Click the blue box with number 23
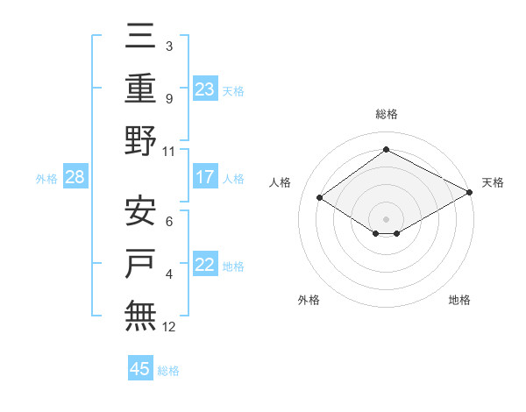(205, 89)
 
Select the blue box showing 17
(205, 177)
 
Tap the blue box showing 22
(205, 266)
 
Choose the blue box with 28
(75, 177)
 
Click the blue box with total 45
(140, 369)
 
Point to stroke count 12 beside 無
(169, 327)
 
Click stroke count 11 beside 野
(169, 151)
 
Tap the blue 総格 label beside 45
(169, 370)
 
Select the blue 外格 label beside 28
(46, 178)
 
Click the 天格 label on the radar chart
(493, 182)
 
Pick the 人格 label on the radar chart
(281, 182)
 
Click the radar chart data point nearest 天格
(469, 192)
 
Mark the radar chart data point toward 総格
(386, 150)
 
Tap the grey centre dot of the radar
(386, 218)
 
